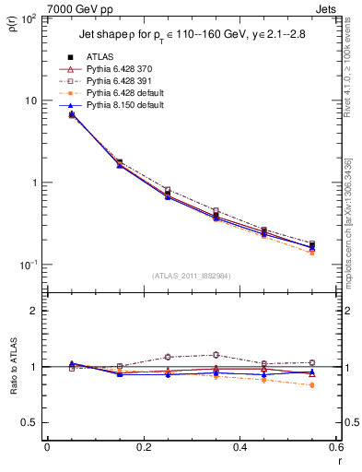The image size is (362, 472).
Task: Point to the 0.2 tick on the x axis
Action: tap(143, 447)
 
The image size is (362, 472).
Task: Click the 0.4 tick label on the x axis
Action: tap(239, 447)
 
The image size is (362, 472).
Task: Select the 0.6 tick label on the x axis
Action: tap(335, 447)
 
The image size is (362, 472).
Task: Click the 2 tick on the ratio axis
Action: tap(35, 311)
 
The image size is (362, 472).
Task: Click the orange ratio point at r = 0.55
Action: tap(311, 385)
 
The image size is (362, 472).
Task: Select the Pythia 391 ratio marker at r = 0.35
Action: tap(216, 355)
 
